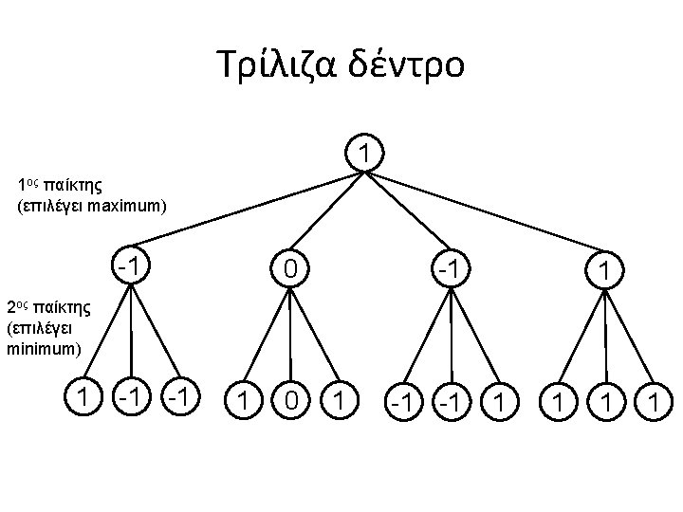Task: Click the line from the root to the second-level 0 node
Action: coord(329,210)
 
